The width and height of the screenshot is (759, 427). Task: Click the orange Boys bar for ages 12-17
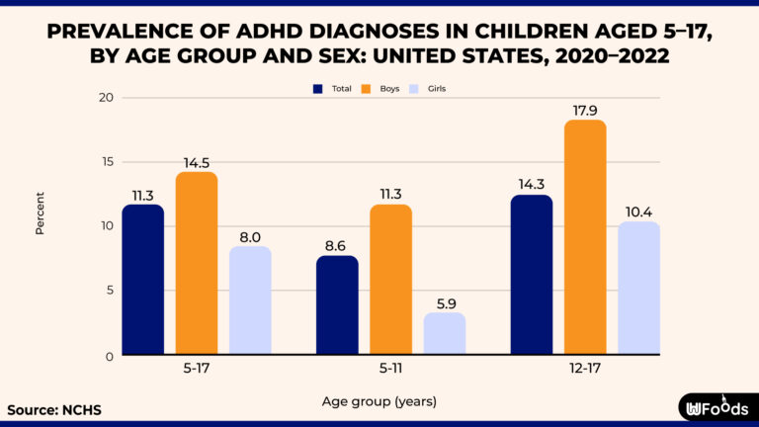pyautogui.click(x=585, y=237)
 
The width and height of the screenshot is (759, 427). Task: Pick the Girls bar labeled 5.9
pyautogui.click(x=444, y=333)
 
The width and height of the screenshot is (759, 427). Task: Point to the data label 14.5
pyautogui.click(x=197, y=160)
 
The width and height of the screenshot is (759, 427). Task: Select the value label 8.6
pyautogui.click(x=337, y=243)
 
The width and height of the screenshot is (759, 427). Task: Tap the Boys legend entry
pyautogui.click(x=381, y=88)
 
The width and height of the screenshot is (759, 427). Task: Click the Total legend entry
pyautogui.click(x=332, y=88)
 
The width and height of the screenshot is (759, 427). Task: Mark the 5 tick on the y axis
pyautogui.click(x=109, y=291)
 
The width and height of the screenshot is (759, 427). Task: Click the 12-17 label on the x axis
pyautogui.click(x=585, y=369)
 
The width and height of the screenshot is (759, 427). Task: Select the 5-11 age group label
pyautogui.click(x=390, y=369)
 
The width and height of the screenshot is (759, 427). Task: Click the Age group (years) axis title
pyautogui.click(x=379, y=401)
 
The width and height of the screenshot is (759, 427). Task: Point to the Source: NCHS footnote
pyautogui.click(x=53, y=409)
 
